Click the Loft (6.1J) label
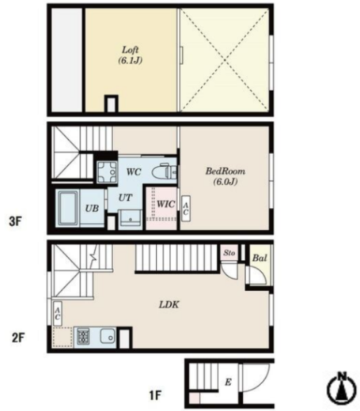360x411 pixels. tap(131, 55)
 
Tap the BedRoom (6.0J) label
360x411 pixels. tap(225, 176)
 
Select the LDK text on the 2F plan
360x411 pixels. tap(169, 305)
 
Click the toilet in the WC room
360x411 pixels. tap(165, 172)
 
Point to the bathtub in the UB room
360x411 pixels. tap(68, 208)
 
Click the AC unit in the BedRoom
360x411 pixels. tap(186, 209)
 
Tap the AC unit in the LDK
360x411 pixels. tap(58, 314)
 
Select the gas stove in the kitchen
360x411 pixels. tap(83, 337)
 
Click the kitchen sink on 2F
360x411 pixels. tap(108, 336)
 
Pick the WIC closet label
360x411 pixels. tap(165, 204)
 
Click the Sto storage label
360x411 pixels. tap(229, 253)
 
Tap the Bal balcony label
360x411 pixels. tap(260, 258)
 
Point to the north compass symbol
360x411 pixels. tap(342, 387)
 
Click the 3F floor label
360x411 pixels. tap(15, 221)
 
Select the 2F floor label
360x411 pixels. tap(18, 337)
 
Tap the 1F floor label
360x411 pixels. tap(155, 395)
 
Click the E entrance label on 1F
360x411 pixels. tap(229, 382)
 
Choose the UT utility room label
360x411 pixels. tap(125, 198)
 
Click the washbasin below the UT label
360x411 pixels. tap(131, 218)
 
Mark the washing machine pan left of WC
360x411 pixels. tap(107, 172)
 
